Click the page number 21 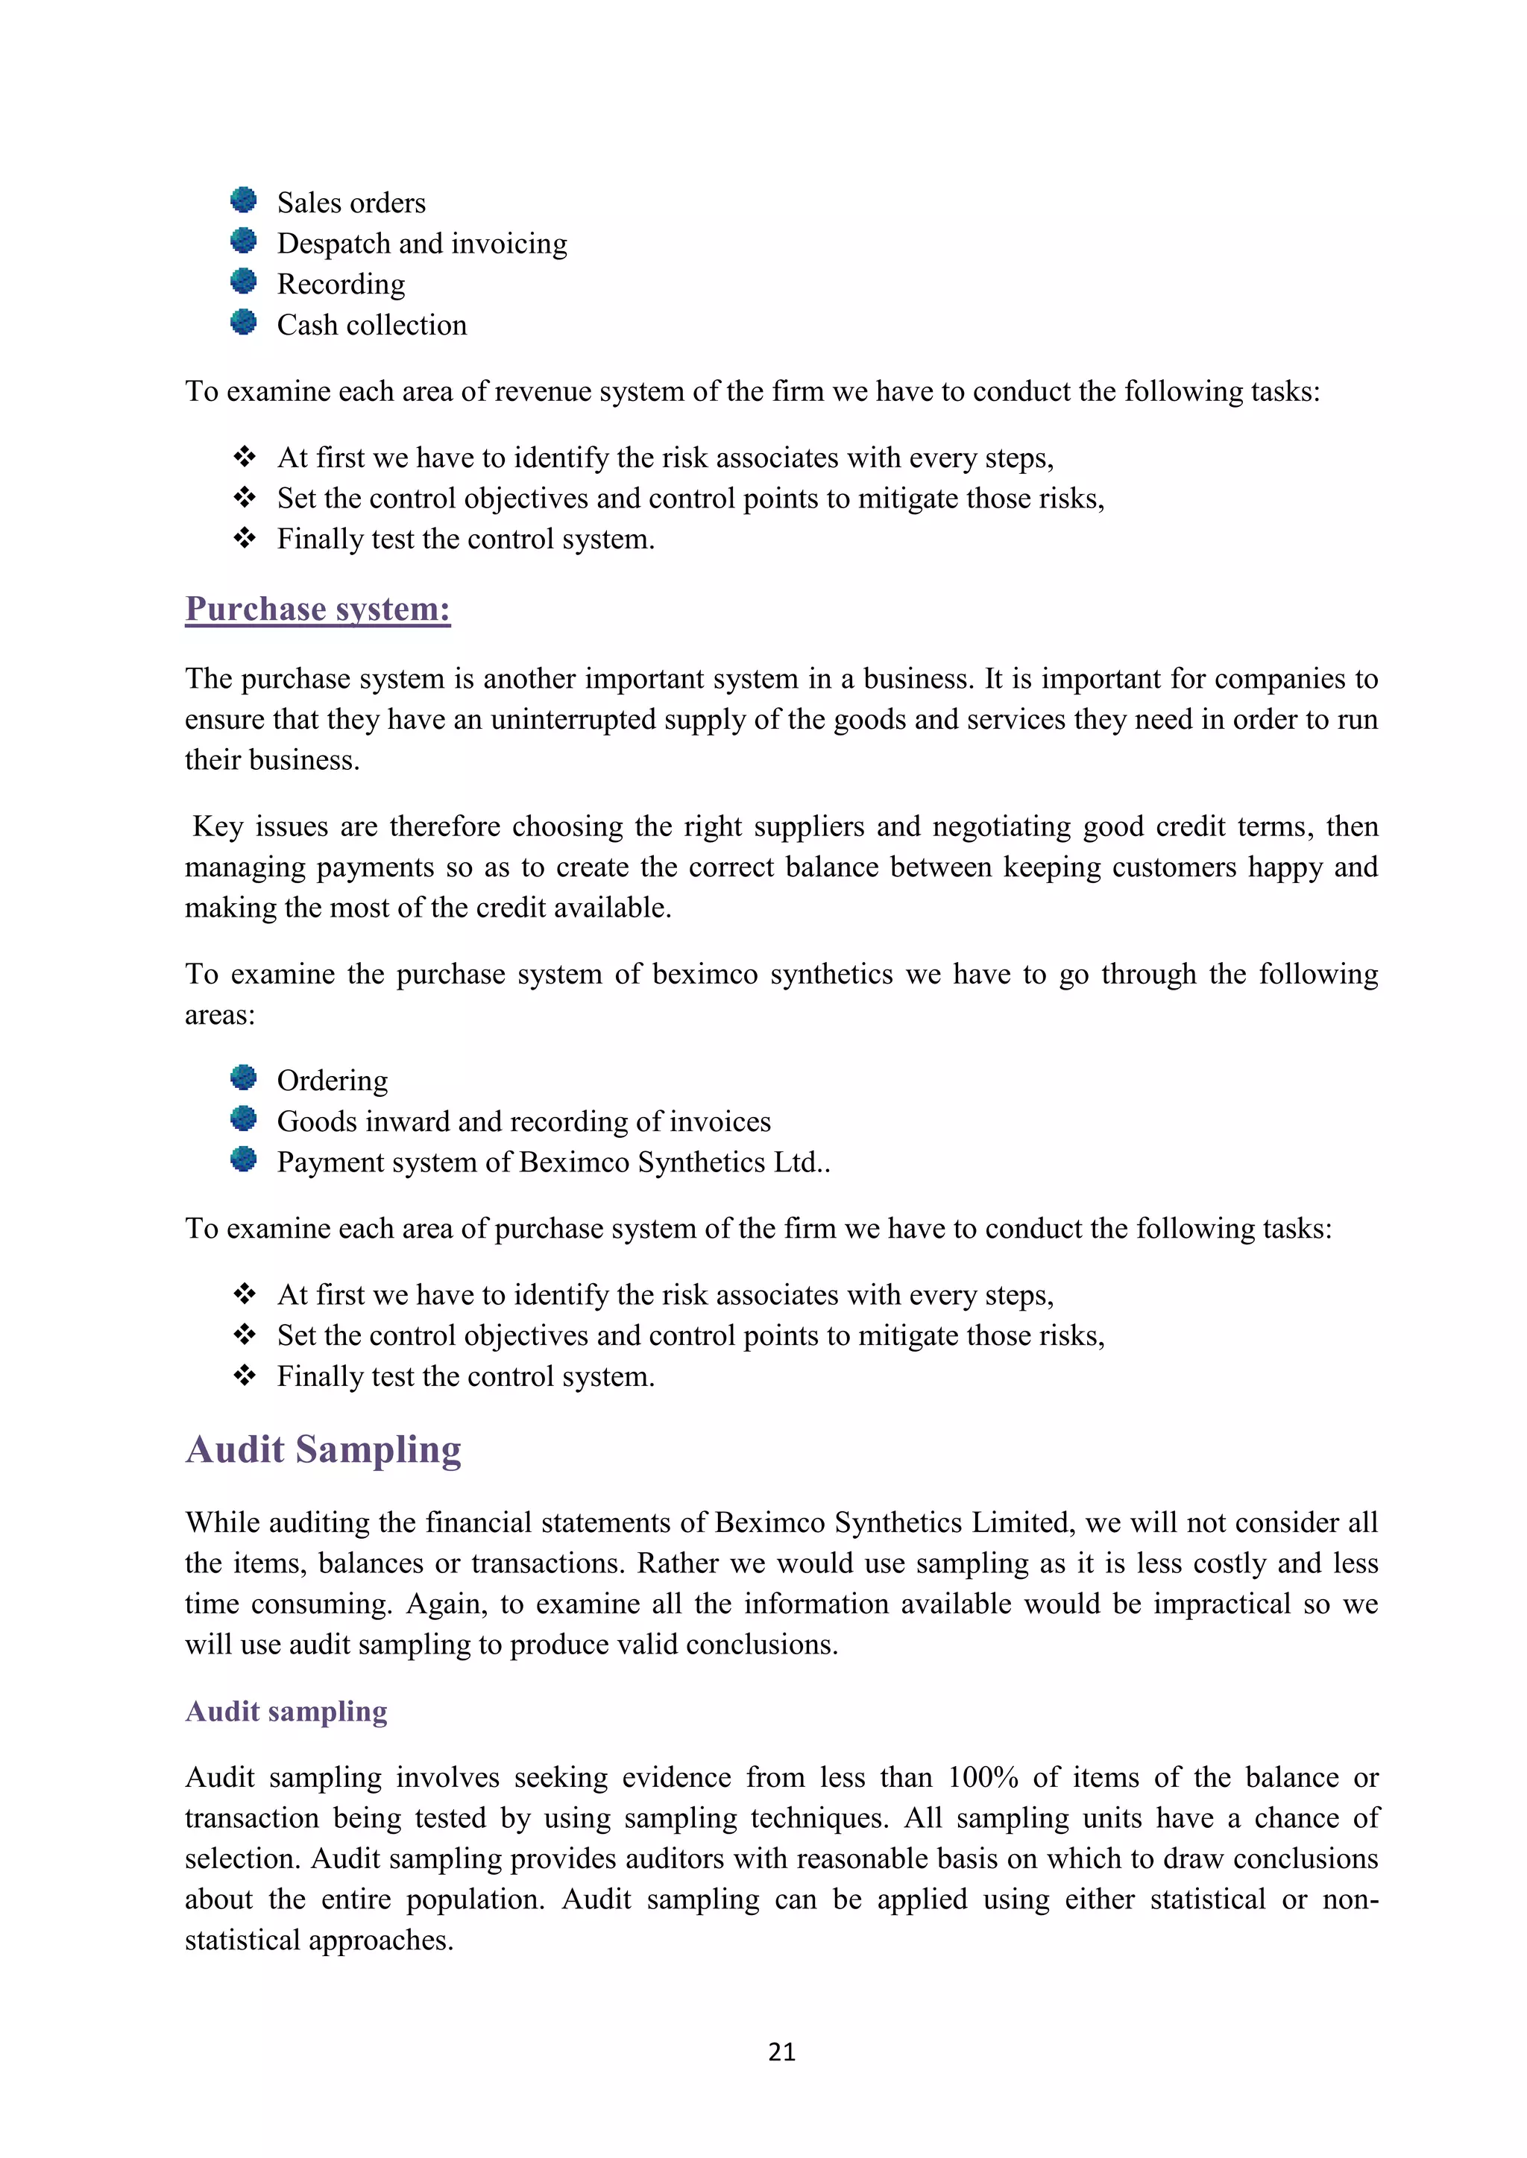click(781, 2051)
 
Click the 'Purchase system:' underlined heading click(318, 609)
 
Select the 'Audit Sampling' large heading click(324, 1449)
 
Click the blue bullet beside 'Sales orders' click(244, 200)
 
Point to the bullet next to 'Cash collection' click(244, 323)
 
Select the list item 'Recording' click(341, 284)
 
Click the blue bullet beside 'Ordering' click(244, 1077)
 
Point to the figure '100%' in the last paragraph click(983, 1777)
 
